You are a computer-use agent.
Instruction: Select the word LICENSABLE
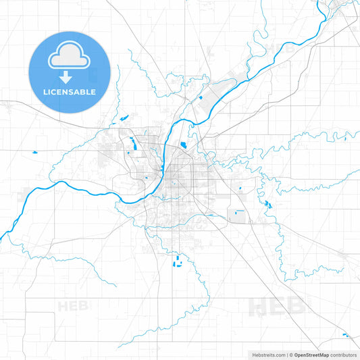click(70, 91)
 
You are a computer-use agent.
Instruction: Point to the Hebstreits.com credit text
click(267, 355)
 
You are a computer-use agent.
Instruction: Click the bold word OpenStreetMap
click(311, 355)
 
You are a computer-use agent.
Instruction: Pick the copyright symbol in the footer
click(291, 355)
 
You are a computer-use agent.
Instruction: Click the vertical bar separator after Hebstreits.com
click(287, 355)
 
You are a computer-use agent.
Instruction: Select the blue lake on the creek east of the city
click(267, 205)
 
